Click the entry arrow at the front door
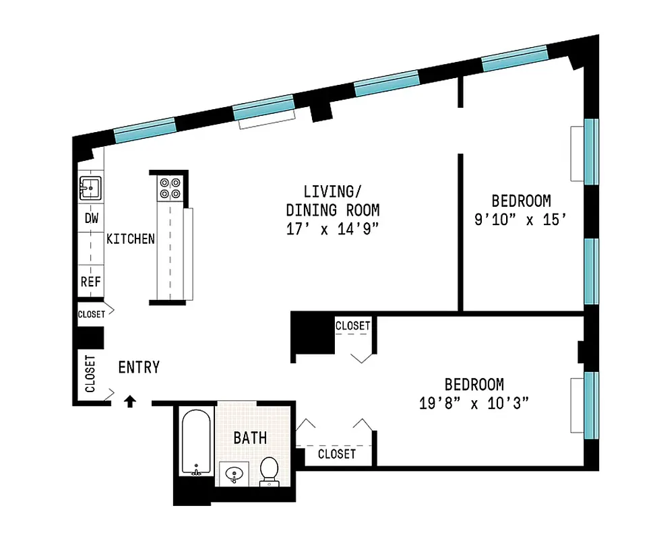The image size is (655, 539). [131, 402]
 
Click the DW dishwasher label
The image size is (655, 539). [91, 219]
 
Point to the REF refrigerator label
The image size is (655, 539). [90, 282]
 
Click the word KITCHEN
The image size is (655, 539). [131, 239]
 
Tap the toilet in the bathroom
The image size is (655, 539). [270, 471]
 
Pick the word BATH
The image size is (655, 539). [250, 438]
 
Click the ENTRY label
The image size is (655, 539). [139, 367]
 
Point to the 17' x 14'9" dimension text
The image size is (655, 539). [333, 228]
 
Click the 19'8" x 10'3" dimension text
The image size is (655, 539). [474, 404]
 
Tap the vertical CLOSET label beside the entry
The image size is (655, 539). [90, 373]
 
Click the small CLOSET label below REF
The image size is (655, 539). [91, 315]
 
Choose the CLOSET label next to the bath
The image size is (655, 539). [336, 454]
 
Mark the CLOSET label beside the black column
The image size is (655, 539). [353, 326]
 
